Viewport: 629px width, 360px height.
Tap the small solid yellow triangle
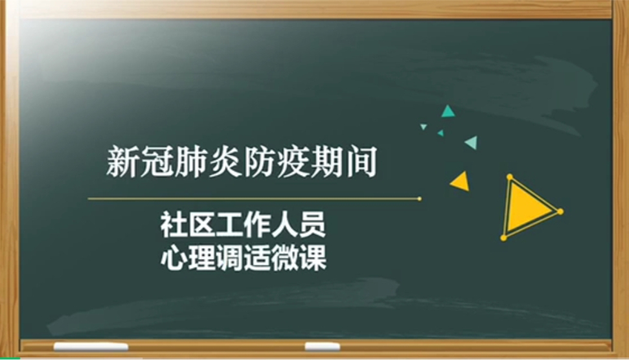(461, 182)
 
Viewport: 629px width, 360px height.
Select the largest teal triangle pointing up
(448, 111)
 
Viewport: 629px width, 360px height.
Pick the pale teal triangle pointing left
(472, 142)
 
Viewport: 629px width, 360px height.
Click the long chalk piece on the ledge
(91, 346)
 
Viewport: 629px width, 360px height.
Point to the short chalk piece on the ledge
(322, 346)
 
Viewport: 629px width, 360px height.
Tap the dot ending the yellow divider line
(420, 198)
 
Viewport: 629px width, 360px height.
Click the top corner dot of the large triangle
(510, 177)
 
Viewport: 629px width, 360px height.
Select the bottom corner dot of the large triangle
(504, 238)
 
